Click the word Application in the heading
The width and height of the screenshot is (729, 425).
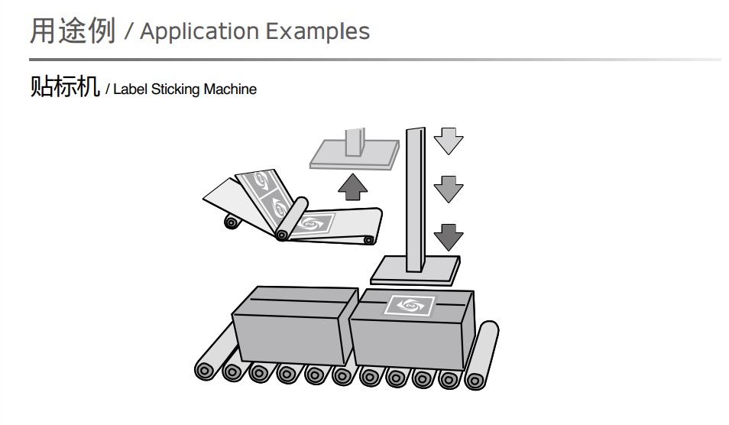199,32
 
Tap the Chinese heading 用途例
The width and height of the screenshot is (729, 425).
72,31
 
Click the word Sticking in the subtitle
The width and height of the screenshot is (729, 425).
175,89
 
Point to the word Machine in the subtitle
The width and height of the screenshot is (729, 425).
230,89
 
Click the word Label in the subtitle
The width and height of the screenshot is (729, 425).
130,89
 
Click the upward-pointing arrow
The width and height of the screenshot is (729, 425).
352,185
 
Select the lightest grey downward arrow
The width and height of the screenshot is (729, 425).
448,141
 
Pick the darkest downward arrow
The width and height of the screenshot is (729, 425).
448,236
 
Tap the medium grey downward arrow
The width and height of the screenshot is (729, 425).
448,189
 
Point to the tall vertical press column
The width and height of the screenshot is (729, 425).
416,199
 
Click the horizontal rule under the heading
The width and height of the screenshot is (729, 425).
374,60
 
